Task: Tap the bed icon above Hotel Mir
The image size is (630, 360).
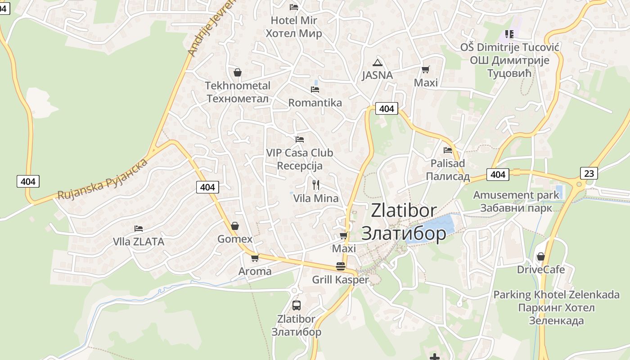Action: [294, 7]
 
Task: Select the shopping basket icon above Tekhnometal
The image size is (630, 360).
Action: [237, 72]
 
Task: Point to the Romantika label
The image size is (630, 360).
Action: [315, 103]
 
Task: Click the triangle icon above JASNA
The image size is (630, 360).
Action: [377, 63]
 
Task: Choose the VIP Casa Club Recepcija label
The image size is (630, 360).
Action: [299, 159]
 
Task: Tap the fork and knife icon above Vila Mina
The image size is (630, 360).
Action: [315, 184]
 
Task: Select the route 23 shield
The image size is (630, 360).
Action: [589, 173]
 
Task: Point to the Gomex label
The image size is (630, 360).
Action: [235, 239]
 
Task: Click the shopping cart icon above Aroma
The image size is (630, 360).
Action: [255, 258]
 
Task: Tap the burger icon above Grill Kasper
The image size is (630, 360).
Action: [340, 266]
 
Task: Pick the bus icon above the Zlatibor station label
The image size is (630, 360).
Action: [296, 306]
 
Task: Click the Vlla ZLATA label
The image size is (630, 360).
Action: [139, 242]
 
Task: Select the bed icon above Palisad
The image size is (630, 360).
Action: [447, 150]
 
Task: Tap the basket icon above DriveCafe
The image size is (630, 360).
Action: [540, 256]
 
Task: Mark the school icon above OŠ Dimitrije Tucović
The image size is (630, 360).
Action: [509, 34]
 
